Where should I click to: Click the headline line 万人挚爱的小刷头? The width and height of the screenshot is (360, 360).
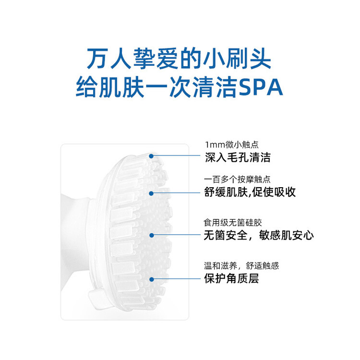179,59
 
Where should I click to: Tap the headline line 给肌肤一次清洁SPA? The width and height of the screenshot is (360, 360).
180,87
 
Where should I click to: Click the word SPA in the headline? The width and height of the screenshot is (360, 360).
261,87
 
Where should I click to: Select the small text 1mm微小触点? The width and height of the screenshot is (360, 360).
232,144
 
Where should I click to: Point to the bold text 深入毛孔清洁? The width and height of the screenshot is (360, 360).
238,157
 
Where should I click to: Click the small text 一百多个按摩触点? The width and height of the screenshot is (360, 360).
237,180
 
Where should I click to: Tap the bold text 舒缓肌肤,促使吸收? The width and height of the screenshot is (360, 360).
250,192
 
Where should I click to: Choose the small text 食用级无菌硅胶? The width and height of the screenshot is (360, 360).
233,222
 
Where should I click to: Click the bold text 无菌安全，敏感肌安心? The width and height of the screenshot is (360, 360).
259,235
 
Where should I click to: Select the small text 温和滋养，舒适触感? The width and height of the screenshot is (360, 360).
241,265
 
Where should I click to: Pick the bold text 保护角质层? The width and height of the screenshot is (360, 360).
231,278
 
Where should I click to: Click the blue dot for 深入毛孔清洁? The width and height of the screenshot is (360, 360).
151,156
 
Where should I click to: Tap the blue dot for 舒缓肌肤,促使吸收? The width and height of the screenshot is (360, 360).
151,193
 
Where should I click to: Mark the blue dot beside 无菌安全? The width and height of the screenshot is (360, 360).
152,235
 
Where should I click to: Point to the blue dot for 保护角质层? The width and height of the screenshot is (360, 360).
152,279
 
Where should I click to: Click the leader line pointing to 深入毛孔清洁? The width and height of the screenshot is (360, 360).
177,156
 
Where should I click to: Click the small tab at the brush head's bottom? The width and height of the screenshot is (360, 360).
96,298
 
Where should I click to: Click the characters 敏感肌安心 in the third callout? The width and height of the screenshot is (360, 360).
286,235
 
